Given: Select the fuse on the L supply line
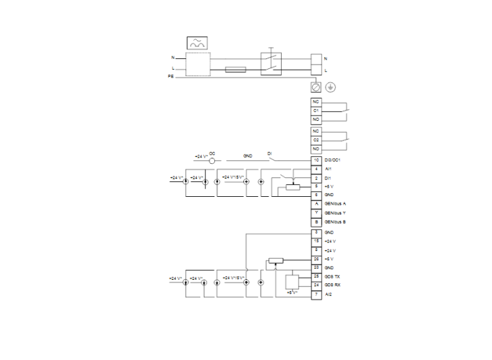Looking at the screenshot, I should [x=235, y=70].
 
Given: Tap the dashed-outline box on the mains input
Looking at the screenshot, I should [x=199, y=64].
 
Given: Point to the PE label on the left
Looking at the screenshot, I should [x=171, y=77].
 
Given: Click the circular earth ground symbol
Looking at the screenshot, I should [x=330, y=87].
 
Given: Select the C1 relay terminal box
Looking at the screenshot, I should [x=316, y=111].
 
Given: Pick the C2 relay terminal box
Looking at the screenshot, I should [x=316, y=140].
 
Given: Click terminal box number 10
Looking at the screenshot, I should [x=316, y=160].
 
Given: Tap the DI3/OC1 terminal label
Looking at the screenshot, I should [x=332, y=160].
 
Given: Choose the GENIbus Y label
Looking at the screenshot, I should [x=335, y=212].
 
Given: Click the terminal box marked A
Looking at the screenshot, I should [x=316, y=203].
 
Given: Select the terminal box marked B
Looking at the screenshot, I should [x=316, y=221].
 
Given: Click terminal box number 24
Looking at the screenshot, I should [x=316, y=285].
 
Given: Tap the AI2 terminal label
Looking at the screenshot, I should [x=328, y=295].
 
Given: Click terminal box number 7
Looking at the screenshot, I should [x=316, y=295].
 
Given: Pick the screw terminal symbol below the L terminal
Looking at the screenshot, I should [x=316, y=87].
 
